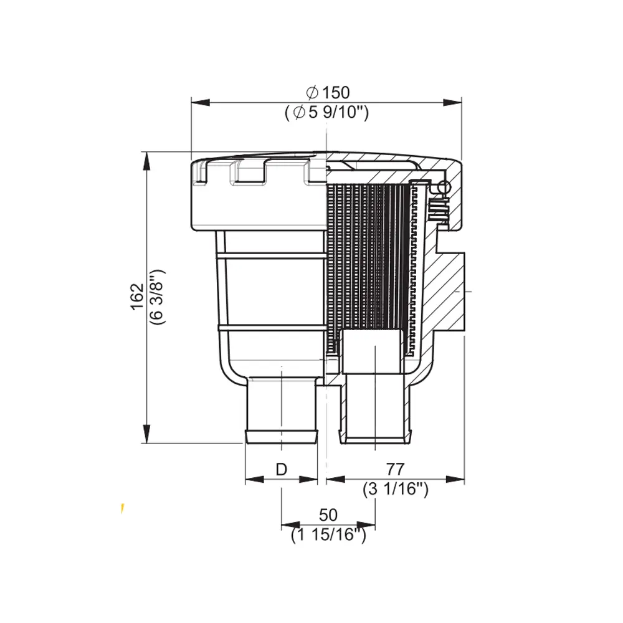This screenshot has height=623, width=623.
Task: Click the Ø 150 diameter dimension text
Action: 328,93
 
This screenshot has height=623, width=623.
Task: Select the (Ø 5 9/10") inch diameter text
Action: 326,112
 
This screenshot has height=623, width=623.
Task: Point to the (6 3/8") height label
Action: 158,297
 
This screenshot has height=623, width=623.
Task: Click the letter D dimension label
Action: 282,470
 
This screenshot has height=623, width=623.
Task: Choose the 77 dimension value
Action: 395,469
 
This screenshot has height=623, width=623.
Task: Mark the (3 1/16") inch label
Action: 396,489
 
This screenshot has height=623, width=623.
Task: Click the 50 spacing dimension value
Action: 328,515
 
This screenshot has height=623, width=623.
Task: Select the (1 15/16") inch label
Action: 328,535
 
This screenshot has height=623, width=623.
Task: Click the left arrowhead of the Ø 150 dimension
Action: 200,103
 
